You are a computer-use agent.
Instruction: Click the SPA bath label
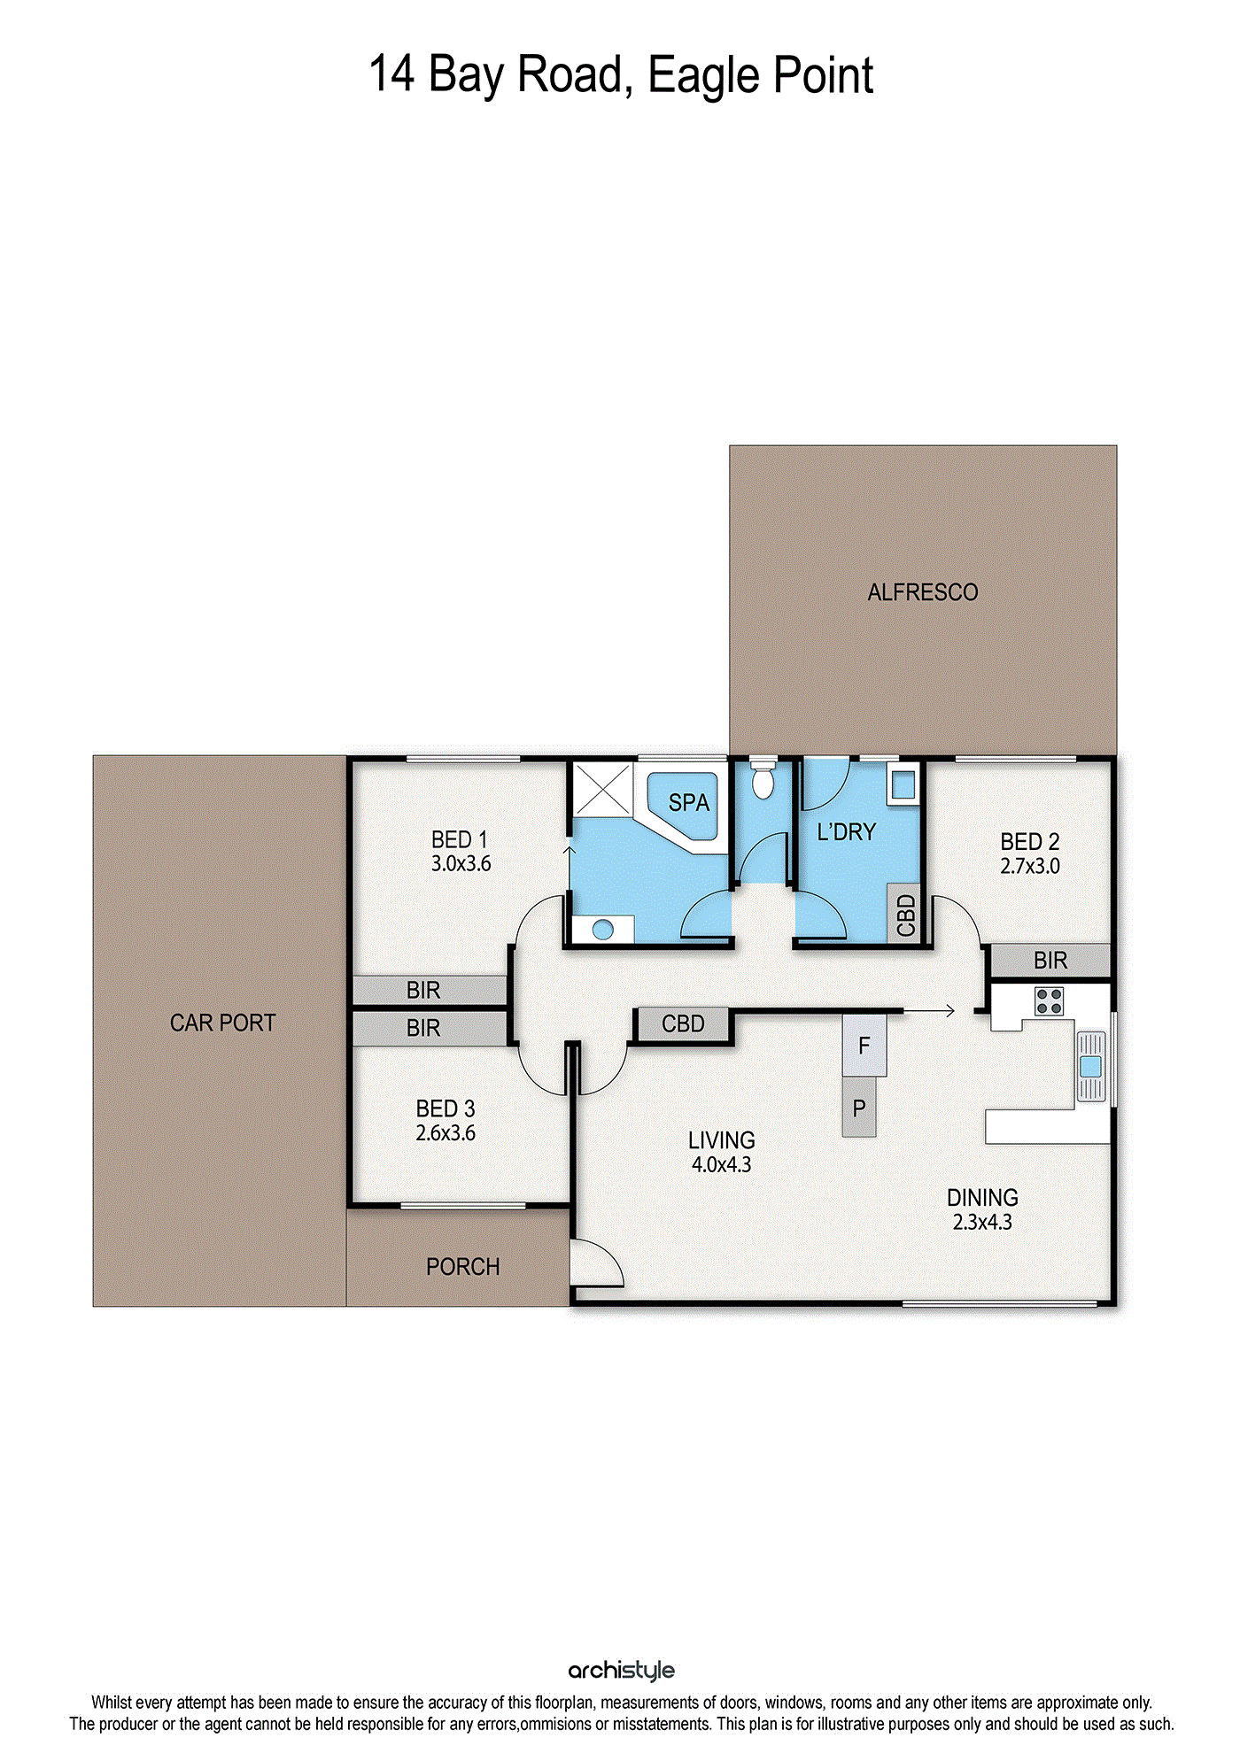(x=689, y=803)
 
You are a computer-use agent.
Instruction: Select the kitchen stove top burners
(x=1050, y=1001)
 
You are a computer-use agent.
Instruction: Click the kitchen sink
(x=1091, y=1066)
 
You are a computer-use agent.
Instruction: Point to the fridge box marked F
(x=864, y=1046)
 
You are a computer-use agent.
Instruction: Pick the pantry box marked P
(x=859, y=1108)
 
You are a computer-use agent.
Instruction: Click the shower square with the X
(x=602, y=789)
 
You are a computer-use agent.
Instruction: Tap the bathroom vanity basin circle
(x=603, y=930)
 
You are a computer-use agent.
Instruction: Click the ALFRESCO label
(x=923, y=592)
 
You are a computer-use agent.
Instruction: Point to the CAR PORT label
(x=222, y=1023)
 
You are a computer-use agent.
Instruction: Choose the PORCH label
(x=462, y=1267)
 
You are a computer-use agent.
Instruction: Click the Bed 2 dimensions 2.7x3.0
(x=1030, y=866)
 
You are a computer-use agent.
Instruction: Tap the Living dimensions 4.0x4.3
(x=721, y=1164)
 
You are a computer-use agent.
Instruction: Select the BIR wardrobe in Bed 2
(x=1050, y=961)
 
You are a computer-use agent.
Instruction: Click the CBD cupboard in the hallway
(x=683, y=1024)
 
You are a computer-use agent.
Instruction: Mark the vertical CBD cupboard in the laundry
(x=904, y=915)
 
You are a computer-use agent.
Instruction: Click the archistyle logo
(x=621, y=1671)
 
